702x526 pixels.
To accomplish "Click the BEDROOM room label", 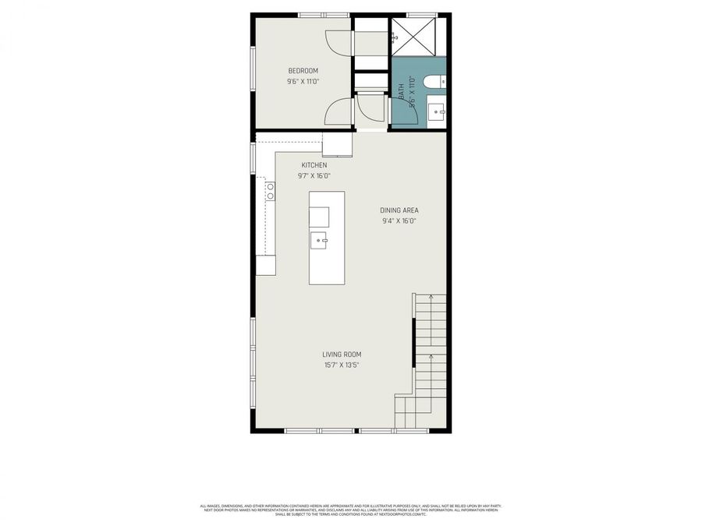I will coord(303,71).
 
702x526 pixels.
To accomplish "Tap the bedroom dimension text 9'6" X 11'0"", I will coord(303,81).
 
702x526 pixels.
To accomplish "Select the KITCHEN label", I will coord(314,165).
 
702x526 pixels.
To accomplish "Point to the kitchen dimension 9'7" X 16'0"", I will coord(314,175).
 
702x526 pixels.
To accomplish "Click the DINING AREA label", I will coord(399,210).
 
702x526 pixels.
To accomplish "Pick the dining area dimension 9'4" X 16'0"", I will coord(399,221).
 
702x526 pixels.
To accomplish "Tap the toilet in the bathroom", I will coord(433,80).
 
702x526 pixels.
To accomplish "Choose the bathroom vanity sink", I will coord(437,111).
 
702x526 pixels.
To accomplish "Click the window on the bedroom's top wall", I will coord(323,14).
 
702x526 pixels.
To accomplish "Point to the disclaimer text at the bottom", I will coord(351,510).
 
